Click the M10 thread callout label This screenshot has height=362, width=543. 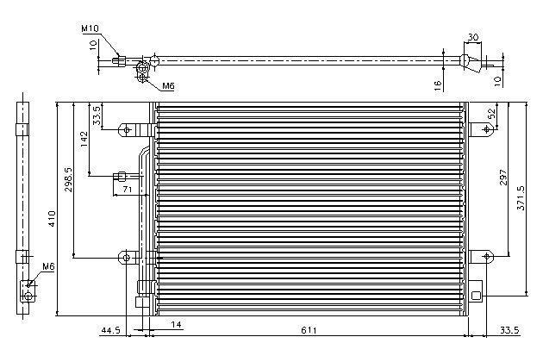[90, 28]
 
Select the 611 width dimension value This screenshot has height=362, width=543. [309, 330]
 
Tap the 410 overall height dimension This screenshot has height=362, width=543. [52, 218]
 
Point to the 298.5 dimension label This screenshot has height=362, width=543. [68, 179]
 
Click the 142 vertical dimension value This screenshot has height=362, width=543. [84, 139]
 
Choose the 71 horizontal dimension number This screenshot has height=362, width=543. [128, 189]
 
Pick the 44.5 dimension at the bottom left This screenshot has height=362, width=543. [110, 330]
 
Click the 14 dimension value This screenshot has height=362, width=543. [177, 325]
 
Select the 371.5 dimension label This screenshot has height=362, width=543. [521, 197]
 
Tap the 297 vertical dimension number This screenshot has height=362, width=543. [503, 177]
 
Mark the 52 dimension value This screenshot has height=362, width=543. [491, 114]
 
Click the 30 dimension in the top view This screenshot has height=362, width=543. [473, 37]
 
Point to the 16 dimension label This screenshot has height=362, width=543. [438, 85]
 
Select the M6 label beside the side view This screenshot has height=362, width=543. [48, 266]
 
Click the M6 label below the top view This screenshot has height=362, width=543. [168, 85]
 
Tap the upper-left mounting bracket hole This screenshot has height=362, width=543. [127, 130]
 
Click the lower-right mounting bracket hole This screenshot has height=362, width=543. [487, 256]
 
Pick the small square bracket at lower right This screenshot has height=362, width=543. [477, 295]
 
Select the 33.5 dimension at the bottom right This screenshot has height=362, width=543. [509, 330]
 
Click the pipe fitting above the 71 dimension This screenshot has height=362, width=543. [120, 177]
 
